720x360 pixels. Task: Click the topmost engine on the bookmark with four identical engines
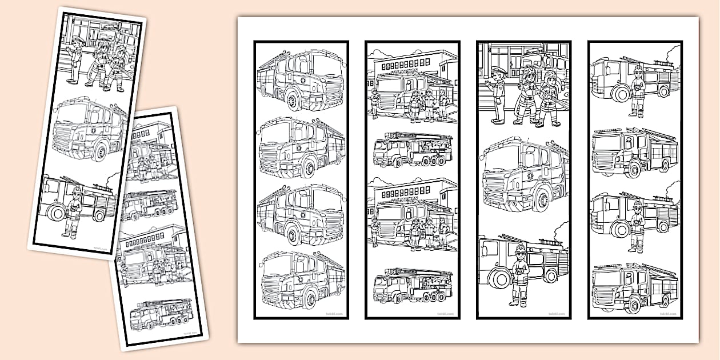coord(301,79)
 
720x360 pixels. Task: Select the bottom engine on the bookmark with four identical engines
coord(301,281)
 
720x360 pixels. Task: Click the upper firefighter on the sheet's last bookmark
coord(638,90)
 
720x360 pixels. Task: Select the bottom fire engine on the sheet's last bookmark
coord(635,287)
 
